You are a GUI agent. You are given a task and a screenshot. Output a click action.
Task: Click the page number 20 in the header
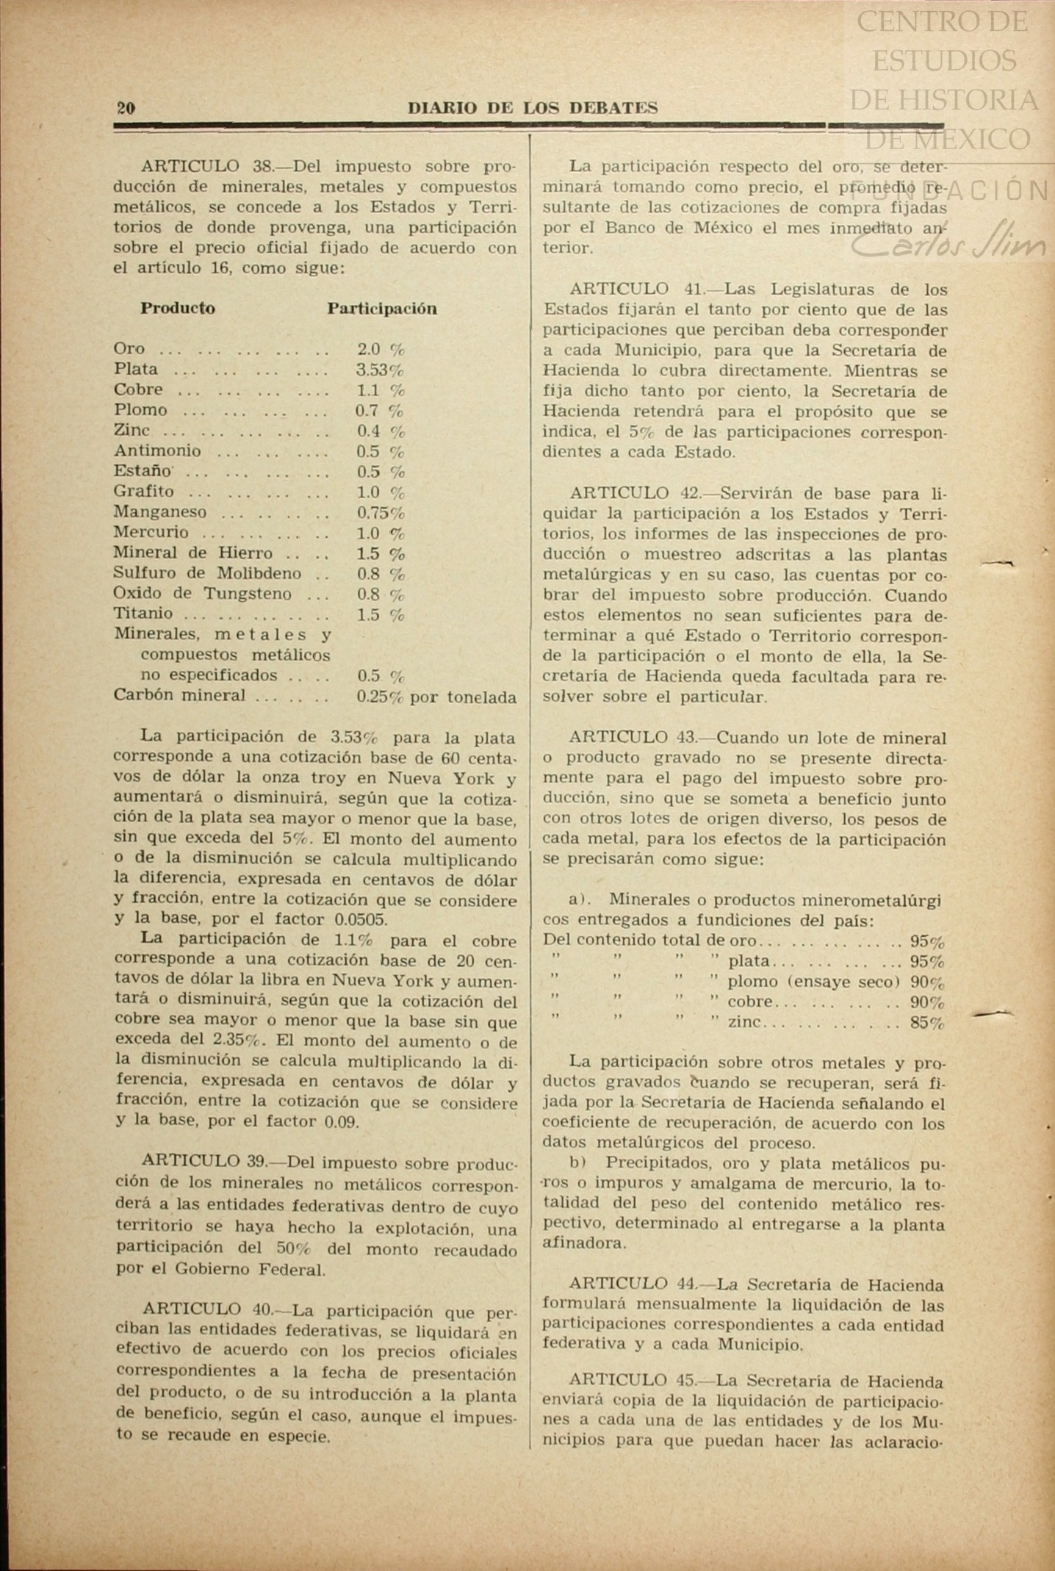tap(126, 108)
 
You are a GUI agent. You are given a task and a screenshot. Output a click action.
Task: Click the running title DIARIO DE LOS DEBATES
tap(532, 108)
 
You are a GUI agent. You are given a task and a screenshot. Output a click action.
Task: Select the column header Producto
tap(178, 308)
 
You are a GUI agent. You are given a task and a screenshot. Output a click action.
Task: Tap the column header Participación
tap(382, 309)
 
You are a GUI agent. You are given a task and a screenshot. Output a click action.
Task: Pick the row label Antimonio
tap(157, 450)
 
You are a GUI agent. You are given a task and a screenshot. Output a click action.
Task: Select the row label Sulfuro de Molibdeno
tap(207, 573)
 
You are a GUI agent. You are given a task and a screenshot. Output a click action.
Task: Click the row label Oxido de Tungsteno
tap(203, 594)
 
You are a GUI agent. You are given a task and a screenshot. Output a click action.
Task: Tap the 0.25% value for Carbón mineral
tap(379, 697)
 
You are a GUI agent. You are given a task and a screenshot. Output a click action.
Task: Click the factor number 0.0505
tap(361, 919)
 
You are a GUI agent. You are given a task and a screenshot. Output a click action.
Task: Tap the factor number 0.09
tap(341, 1122)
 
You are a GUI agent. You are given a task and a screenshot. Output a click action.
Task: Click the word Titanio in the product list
tap(143, 614)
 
